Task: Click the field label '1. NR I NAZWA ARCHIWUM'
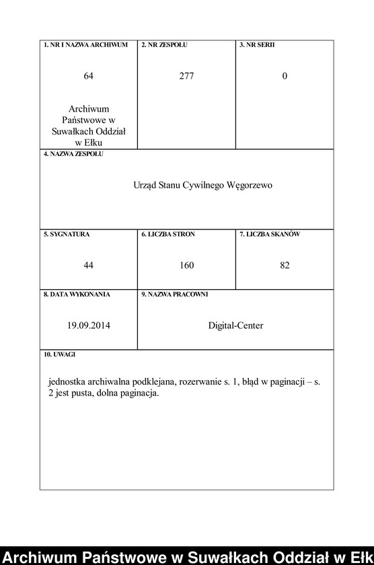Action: coord(85,45)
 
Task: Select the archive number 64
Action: coord(88,76)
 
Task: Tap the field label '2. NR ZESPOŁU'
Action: coord(164,45)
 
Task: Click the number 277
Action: coord(186,76)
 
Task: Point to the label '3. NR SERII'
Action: coord(257,45)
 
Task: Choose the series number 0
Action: coord(285,76)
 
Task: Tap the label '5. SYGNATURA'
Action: coord(67,235)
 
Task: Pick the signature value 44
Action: coord(88,266)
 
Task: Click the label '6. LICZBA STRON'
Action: coord(168,235)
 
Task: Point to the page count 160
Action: coord(186,266)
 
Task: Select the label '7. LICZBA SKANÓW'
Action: coord(270,235)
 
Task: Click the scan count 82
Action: coord(285,266)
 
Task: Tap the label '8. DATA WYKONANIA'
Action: coord(77,295)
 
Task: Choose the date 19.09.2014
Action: coord(88,326)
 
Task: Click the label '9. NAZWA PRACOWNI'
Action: coord(174,295)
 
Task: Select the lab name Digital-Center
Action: coord(235,326)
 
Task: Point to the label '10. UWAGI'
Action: coord(60,354)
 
